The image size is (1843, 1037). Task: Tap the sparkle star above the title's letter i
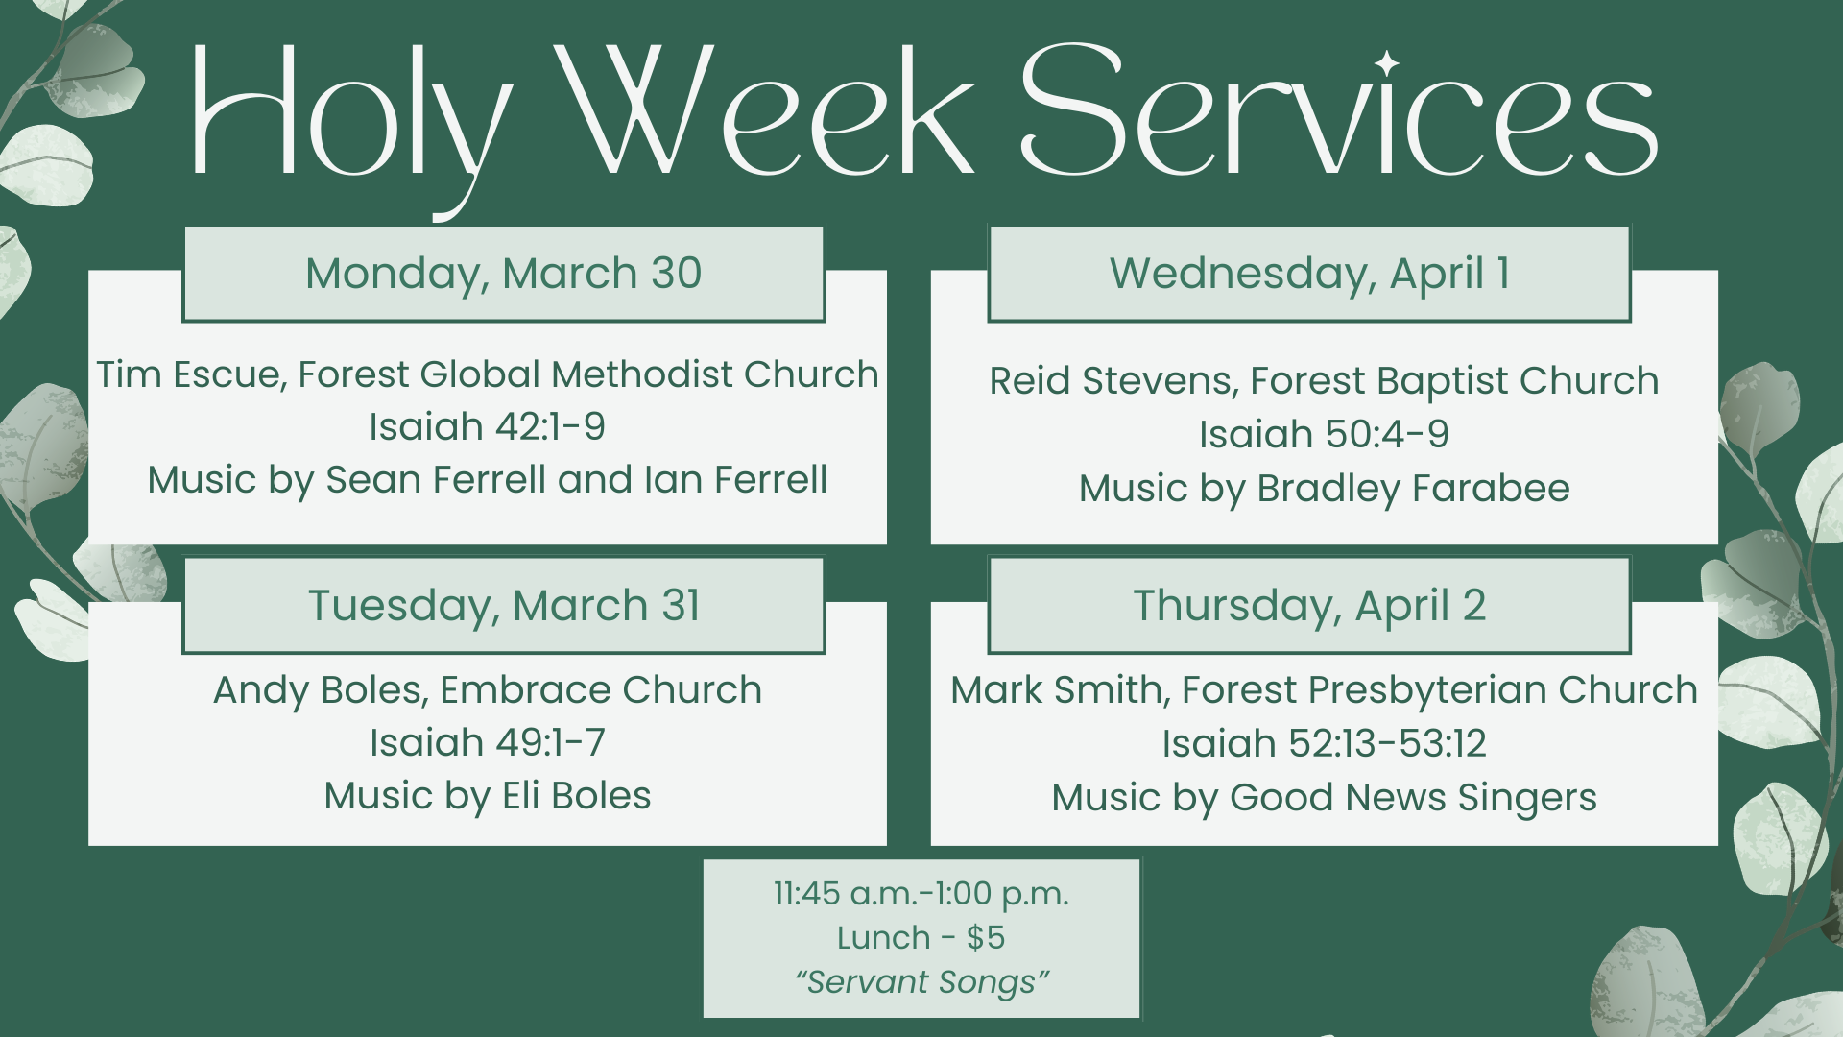coord(1385,63)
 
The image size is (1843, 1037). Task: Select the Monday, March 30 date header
coord(503,274)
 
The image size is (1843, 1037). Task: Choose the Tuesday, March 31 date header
coord(503,606)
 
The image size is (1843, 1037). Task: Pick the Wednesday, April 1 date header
coord(1309,274)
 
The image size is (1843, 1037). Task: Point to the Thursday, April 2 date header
coord(1309,606)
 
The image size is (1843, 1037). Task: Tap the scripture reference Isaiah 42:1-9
coord(487,427)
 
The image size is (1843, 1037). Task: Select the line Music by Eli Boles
coord(487,796)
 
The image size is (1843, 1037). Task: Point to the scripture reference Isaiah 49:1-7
coord(487,743)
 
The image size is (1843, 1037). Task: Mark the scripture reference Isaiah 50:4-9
coord(1324,435)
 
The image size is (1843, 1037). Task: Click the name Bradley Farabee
coord(1413,489)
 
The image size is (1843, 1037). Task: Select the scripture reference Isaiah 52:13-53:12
coord(1324,744)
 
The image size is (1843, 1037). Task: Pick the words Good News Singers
coord(1413,798)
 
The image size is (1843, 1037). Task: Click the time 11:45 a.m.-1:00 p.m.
coord(921,894)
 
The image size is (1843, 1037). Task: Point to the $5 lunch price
coord(986,938)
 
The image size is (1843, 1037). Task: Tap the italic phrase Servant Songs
coord(921,982)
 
